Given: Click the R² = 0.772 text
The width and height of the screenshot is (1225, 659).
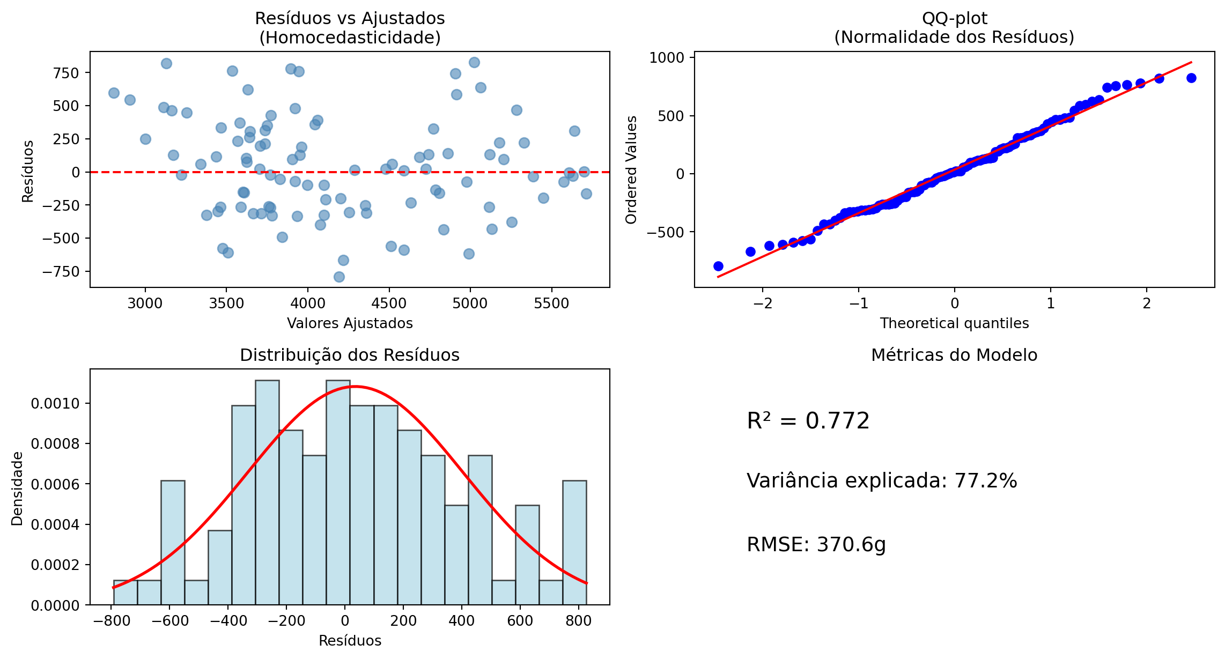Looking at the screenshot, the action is point(808,421).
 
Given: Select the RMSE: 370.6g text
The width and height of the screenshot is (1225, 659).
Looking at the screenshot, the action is point(816,545).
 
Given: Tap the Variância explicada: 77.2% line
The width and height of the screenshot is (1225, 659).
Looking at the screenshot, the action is point(882,481).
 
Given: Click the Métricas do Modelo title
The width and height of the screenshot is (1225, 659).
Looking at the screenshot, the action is point(954,355).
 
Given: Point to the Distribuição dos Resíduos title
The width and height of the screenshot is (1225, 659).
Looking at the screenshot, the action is point(350,355).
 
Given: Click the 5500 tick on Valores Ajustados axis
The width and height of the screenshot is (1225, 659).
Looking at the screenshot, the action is point(551,303).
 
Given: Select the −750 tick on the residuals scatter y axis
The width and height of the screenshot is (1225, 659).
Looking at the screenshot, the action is point(61,271).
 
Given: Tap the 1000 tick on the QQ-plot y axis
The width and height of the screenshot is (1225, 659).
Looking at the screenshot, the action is point(667,58).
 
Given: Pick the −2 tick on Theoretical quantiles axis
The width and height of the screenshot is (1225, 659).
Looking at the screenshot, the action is point(763,303).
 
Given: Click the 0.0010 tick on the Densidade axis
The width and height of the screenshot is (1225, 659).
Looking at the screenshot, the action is point(55,404).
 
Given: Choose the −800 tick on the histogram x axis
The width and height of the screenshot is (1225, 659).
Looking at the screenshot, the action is point(112,621).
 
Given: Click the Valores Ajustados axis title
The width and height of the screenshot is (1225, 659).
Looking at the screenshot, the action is point(350,323).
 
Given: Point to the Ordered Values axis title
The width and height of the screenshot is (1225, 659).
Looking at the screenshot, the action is point(631,169).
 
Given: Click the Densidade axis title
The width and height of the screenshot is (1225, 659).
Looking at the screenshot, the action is point(17,488).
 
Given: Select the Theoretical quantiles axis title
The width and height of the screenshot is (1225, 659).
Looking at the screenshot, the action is point(954,323).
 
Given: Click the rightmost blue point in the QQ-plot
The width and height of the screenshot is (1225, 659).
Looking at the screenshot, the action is point(1191,78).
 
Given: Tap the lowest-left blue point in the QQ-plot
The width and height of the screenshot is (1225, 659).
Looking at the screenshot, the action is point(718,266).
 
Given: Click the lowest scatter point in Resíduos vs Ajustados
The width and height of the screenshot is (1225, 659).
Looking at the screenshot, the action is point(339,277).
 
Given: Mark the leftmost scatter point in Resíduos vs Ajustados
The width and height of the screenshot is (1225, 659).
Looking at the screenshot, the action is point(114,93).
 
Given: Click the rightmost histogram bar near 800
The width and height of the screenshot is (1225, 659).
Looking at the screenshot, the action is point(574,543).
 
